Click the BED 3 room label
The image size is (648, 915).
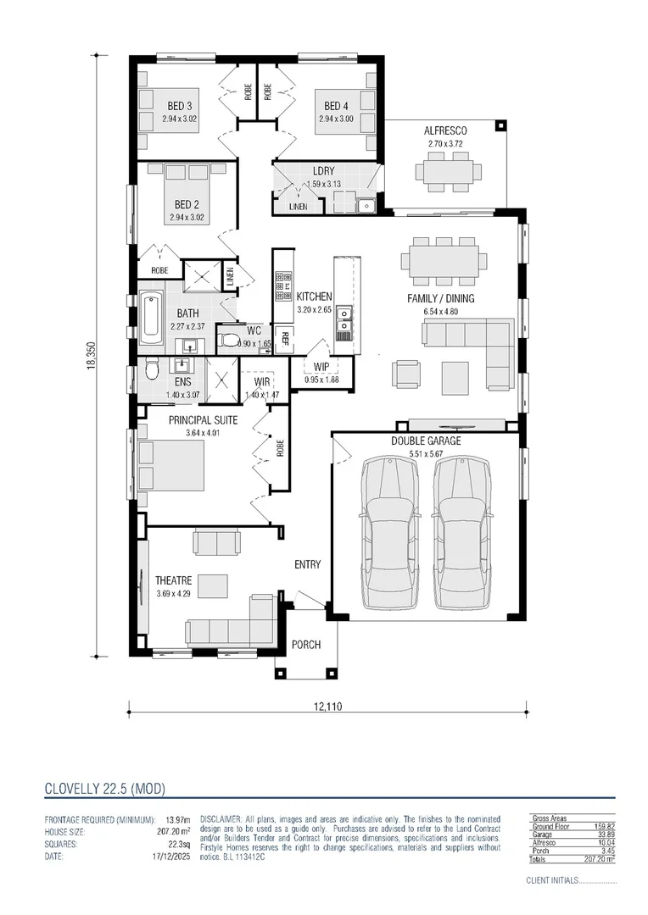pos(179,106)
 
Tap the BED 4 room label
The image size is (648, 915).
pos(335,106)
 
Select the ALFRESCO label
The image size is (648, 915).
pos(446,131)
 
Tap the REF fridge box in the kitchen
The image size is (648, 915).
pos(284,340)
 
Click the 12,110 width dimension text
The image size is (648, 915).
pos(327,706)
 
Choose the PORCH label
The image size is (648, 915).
pos(306,645)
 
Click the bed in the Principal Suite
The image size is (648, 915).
pos(170,466)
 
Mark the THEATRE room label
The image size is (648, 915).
pos(173,581)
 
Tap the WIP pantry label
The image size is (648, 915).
pos(321,367)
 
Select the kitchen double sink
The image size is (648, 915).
pos(345,319)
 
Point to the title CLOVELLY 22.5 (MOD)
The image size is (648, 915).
pos(104,789)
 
